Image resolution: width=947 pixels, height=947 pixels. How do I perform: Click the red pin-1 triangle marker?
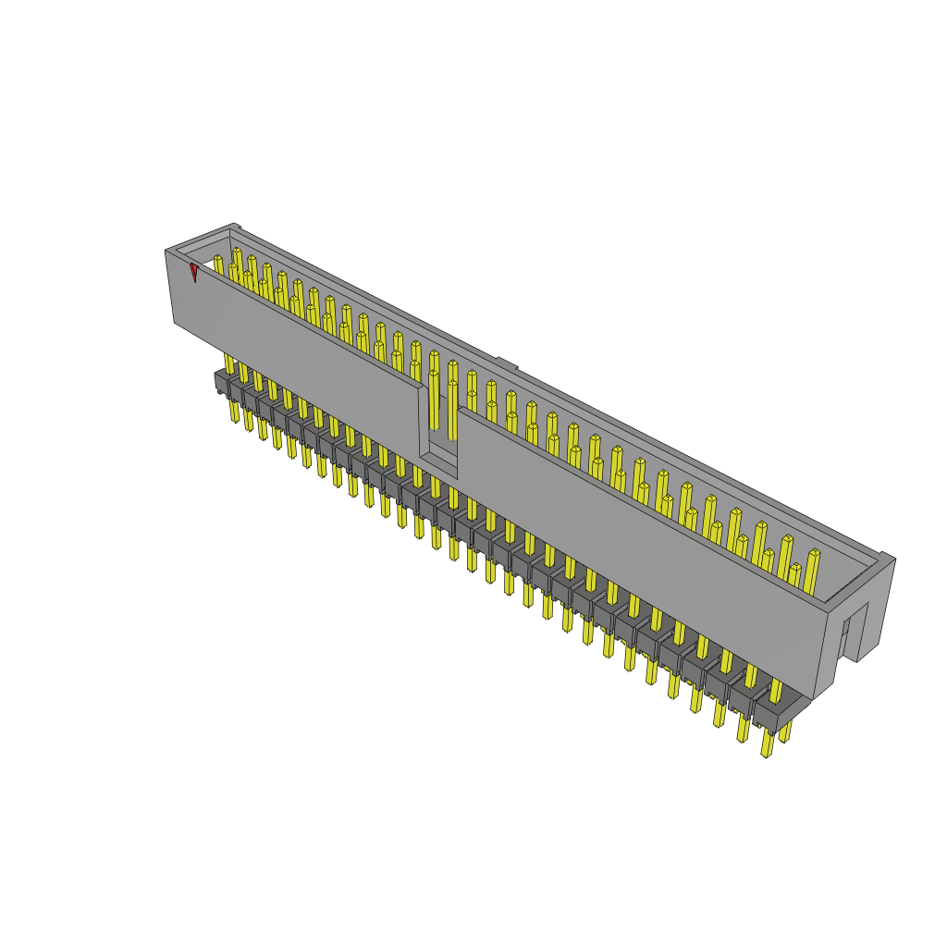pyautogui.click(x=194, y=272)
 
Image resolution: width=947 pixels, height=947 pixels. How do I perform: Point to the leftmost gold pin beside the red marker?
pyautogui.click(x=218, y=264)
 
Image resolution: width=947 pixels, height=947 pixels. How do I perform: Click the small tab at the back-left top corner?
pyautogui.click(x=236, y=226)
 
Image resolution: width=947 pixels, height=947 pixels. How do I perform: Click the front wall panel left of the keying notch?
pyautogui.click(x=296, y=342)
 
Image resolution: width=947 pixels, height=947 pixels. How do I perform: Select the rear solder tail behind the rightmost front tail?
pyautogui.click(x=785, y=731)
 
